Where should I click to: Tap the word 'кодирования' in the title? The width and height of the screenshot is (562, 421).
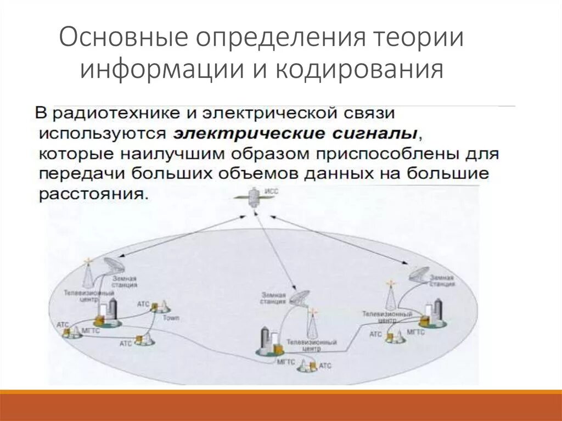coord(361,70)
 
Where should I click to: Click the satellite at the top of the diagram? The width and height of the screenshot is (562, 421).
coord(254,197)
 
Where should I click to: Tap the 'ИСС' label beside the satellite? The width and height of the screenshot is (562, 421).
coord(272,192)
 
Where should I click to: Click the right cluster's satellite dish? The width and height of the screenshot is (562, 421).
coord(420,274)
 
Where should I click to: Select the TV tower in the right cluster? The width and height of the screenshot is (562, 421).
coord(391,297)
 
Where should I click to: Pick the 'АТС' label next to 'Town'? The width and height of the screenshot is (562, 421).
coord(143,303)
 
